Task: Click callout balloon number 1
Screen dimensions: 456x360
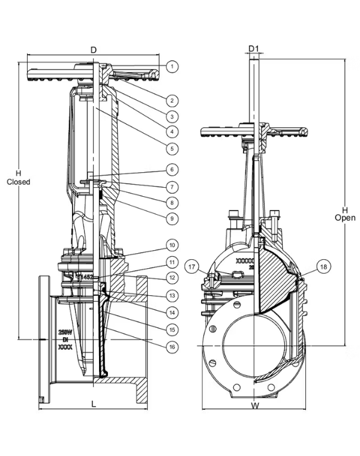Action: pos(172,67)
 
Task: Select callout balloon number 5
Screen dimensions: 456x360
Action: pos(172,148)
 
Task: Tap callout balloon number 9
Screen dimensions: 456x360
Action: pos(172,219)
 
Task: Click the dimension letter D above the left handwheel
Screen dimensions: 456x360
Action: pos(93,49)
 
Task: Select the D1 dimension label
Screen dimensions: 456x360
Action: pos(254,48)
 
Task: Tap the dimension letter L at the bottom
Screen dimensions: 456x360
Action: pos(94,404)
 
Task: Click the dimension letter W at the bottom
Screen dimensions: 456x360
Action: pos(254,406)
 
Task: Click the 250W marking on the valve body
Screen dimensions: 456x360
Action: pos(65,331)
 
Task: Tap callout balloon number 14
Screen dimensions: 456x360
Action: pos(172,312)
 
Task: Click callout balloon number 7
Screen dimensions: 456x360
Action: pos(172,187)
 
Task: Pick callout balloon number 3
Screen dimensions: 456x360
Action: pos(172,116)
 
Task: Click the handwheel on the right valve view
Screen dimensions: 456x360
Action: pos(255,130)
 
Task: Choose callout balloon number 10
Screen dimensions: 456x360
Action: pos(172,245)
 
